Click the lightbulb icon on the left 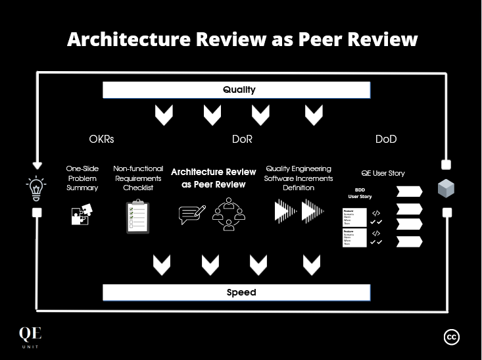coord(36,188)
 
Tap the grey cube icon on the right coord(446,189)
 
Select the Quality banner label coord(239,90)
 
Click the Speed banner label coord(241,292)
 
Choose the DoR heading coord(242,140)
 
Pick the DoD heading coord(386,140)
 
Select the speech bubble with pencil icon coord(192,215)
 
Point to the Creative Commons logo coord(452,337)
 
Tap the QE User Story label coord(383,173)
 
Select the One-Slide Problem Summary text coord(82,178)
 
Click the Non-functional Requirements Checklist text coord(138,178)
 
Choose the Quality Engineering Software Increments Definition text coord(299,178)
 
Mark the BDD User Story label coord(360,193)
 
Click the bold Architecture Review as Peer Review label coord(214,178)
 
